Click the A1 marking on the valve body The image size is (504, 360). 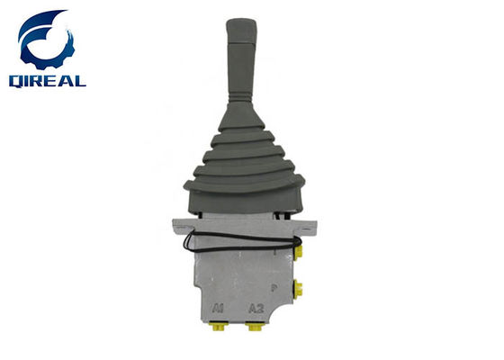[x=218, y=309]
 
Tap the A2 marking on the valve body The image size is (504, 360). [x=256, y=309]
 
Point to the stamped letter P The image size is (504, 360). [x=274, y=288]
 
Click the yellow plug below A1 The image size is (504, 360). [x=218, y=327]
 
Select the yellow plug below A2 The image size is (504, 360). [x=255, y=327]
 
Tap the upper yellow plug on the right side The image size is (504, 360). [x=298, y=252]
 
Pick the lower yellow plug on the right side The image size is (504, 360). [x=298, y=289]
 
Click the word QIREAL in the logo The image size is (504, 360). [x=48, y=81]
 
